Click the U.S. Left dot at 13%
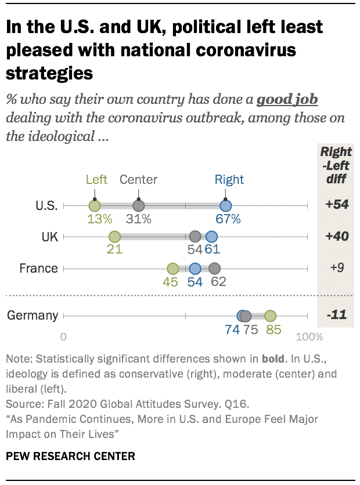(95, 205)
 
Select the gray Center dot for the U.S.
(138, 205)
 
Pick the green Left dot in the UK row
(114, 237)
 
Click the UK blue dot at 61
(211, 237)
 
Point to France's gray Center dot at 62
(215, 269)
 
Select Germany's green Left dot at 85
(270, 316)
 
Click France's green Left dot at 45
(172, 269)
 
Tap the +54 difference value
(336, 205)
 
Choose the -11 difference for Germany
(336, 316)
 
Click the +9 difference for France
(336, 269)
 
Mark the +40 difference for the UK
(336, 237)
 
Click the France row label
(38, 269)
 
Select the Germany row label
(33, 316)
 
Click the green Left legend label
(96, 179)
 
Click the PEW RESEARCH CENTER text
(70, 456)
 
